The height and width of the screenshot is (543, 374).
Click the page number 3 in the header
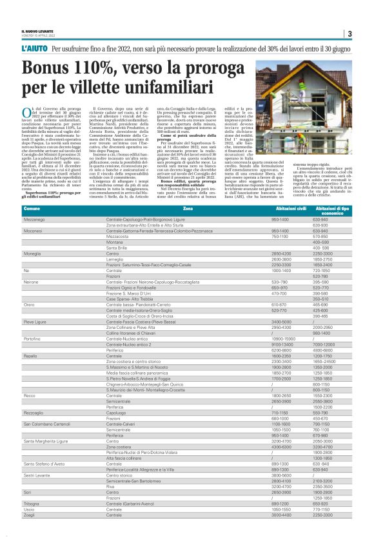coord(349,34)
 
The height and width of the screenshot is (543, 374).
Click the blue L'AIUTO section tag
coord(34,49)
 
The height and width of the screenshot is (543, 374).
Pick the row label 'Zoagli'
coord(30,533)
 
